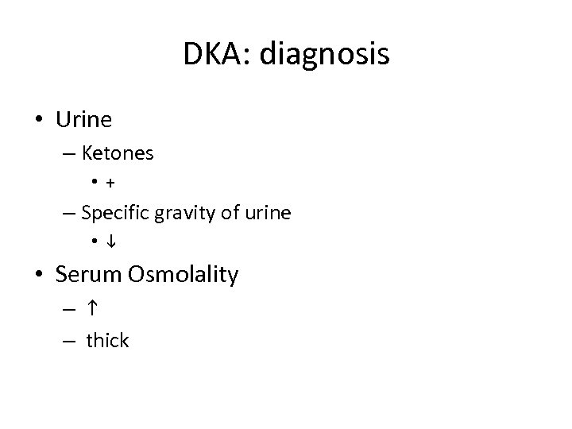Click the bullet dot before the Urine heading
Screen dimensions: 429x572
(39, 121)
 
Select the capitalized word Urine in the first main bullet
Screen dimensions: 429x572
(83, 120)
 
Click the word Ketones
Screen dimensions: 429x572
(118, 153)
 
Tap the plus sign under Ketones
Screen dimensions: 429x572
(109, 184)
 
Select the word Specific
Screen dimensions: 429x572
(111, 213)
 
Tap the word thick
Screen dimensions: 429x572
(107, 341)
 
